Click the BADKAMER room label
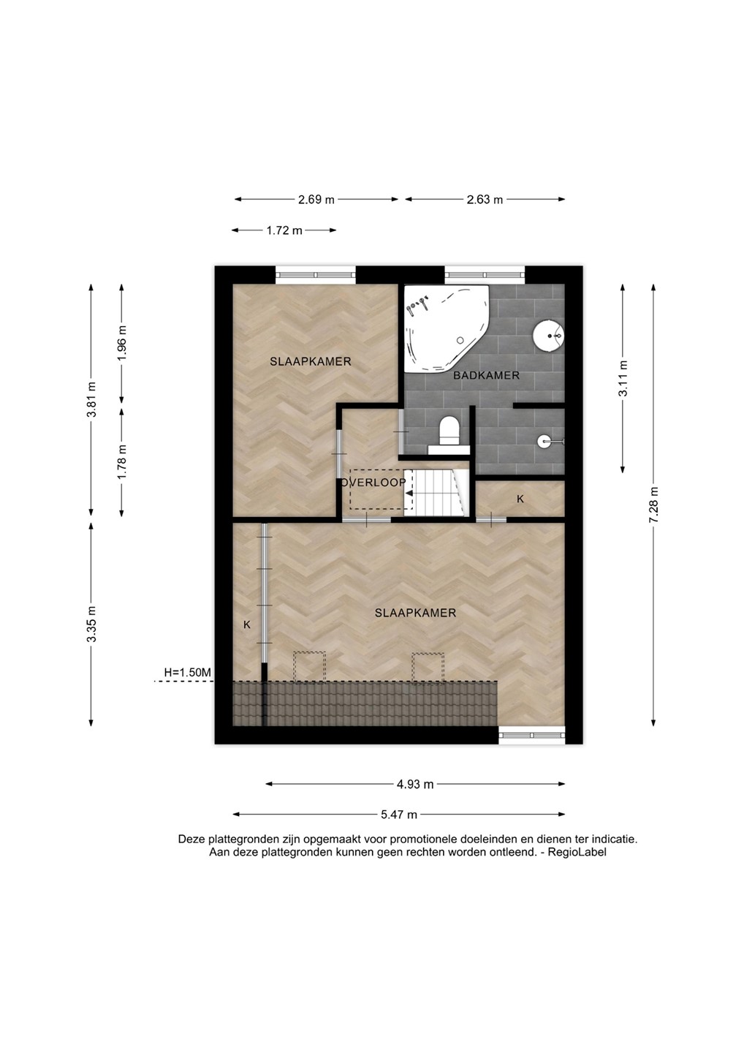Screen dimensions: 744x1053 [x=486, y=376]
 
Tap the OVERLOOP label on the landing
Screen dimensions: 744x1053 [x=374, y=483]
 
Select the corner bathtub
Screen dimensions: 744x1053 [x=447, y=328]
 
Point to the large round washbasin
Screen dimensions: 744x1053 [x=548, y=335]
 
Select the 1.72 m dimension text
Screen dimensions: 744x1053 [x=284, y=230]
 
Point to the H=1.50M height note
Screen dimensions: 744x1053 [x=187, y=673]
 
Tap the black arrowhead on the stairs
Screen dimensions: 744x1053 [x=409, y=493]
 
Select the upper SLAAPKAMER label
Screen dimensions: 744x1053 [x=311, y=361]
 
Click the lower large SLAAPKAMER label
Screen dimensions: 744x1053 [x=415, y=613]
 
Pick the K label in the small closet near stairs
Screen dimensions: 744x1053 [x=520, y=499]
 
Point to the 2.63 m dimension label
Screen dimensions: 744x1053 [x=485, y=200]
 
